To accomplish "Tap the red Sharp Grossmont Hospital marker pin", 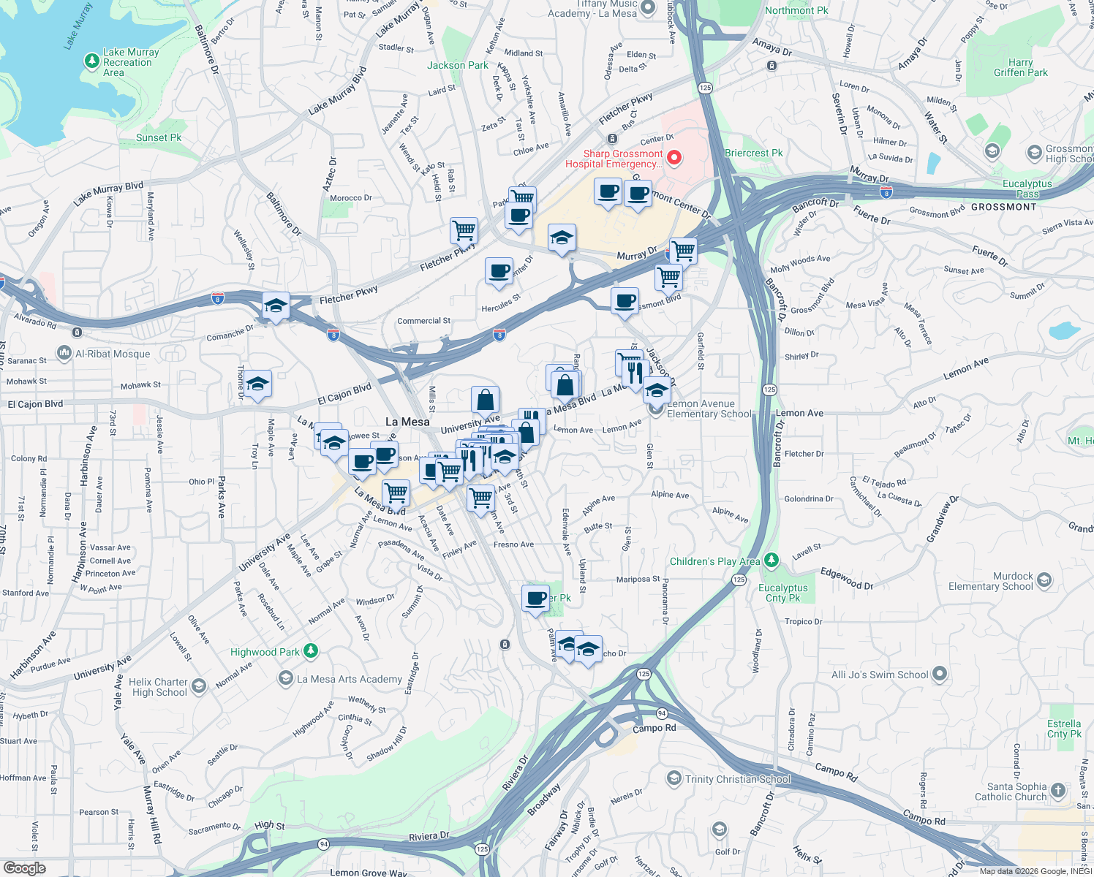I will pos(674,158).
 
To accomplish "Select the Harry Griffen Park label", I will pos(1020,68).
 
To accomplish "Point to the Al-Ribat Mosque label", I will pos(113,354).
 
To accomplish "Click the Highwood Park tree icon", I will pos(311,650).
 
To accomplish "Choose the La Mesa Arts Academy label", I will pos(349,679).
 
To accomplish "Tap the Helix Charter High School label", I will pos(159,687).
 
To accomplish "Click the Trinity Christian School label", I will pos(737,779).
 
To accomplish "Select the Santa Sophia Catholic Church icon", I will pos(1058,790).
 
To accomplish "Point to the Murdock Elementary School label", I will pos(991,581).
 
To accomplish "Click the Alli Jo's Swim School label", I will pos(880,675).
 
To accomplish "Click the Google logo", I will pos(24,868).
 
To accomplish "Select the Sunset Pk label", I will pos(159,137).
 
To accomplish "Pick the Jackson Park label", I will pos(458,65).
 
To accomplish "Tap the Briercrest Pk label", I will pos(753,153).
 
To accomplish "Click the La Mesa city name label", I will pos(407,422).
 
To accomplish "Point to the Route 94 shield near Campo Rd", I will pos(662,713).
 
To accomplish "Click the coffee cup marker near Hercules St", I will pos(499,272).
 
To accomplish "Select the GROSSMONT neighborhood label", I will pos(1003,207).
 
